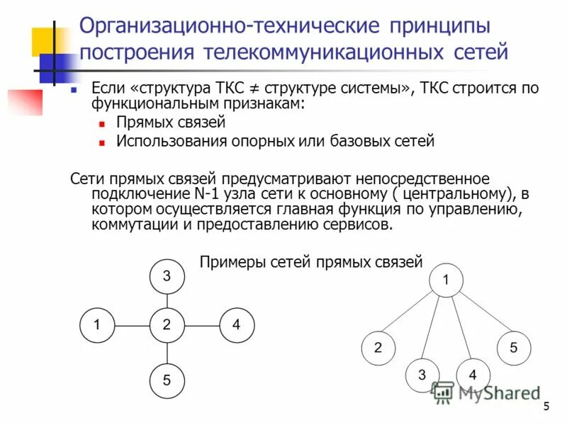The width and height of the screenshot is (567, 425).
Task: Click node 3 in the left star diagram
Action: click(x=167, y=276)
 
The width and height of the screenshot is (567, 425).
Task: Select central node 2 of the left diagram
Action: click(x=167, y=325)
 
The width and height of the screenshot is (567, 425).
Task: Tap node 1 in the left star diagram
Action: click(x=99, y=325)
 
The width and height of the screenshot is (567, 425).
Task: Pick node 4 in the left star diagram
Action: click(x=236, y=325)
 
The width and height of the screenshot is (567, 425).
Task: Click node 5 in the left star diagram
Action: click(x=167, y=380)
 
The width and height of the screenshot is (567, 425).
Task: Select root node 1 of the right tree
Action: click(x=446, y=280)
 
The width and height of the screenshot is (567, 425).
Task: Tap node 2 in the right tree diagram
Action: click(x=378, y=347)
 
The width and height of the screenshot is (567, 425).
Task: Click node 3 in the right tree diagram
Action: click(x=422, y=375)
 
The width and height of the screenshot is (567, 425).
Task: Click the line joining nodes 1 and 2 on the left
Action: click(x=133, y=325)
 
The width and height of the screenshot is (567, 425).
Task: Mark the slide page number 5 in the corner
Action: click(x=546, y=406)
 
